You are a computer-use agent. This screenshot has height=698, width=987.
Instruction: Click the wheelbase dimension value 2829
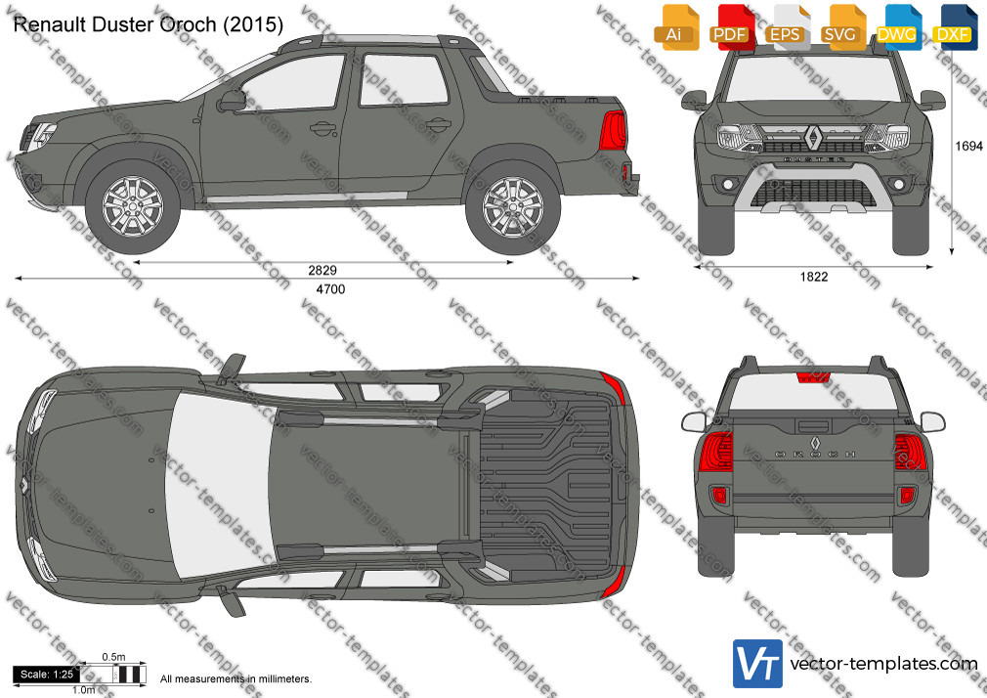pos(322,270)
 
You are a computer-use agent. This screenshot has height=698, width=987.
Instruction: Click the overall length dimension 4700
pos(330,289)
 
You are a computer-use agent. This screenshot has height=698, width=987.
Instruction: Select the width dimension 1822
pos(814,277)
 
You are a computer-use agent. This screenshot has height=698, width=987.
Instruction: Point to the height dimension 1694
pos(968,147)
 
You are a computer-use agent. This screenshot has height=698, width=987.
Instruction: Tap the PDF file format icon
pos(730,27)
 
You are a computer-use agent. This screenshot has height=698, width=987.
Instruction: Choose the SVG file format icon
pos(841,27)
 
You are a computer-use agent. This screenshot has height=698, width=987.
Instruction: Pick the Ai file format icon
pos(675,27)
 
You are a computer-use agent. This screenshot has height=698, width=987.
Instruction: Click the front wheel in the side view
pos(133,206)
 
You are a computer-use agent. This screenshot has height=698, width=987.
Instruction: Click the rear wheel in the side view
pos(513,206)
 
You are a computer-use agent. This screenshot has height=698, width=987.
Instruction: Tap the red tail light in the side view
pos(613,130)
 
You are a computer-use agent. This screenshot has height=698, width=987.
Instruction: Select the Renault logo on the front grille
pos(813,137)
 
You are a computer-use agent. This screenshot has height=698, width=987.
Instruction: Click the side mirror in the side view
pos(232,101)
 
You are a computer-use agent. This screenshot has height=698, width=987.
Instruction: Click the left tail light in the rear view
pos(715,451)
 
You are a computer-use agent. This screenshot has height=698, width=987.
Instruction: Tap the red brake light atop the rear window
pos(813,377)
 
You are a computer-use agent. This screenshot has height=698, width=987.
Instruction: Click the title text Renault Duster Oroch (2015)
pos(148,23)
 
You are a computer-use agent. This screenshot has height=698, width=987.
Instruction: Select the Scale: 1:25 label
pos(47,675)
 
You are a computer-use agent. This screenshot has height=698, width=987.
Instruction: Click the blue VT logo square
pos(757,664)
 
